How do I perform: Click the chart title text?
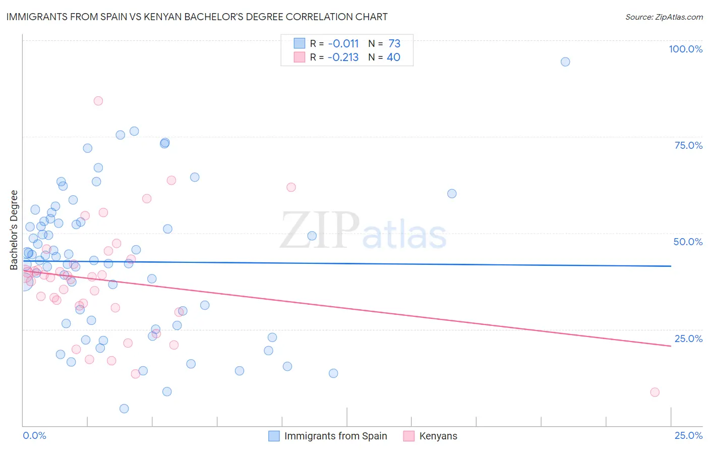(197, 17)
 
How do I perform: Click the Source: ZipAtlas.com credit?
(664, 17)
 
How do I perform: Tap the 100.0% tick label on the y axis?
(685, 49)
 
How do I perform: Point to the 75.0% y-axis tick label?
(688, 145)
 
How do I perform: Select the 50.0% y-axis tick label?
(688, 242)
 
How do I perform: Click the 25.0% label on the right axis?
(688, 339)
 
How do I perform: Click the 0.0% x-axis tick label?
(34, 435)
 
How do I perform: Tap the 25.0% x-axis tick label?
(688, 435)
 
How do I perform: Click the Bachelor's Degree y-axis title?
(14, 230)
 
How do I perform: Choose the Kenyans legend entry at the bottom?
(438, 436)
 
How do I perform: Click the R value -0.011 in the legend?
(343, 44)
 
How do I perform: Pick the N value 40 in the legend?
(393, 58)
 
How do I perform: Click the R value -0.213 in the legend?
(343, 58)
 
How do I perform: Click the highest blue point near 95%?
(565, 62)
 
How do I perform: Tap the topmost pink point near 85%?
(98, 101)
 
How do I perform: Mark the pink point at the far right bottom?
(655, 392)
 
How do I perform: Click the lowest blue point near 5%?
(124, 409)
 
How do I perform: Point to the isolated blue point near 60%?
(452, 194)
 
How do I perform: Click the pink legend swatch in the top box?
(300, 58)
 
